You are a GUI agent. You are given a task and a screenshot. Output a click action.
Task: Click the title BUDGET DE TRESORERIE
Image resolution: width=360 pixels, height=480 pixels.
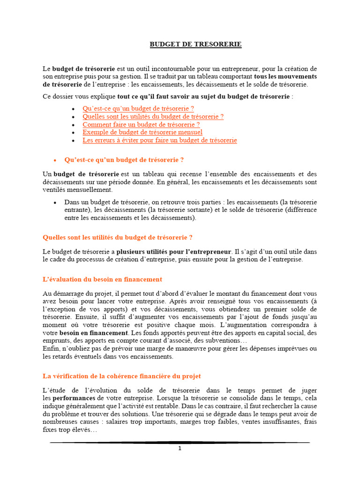click(x=195, y=45)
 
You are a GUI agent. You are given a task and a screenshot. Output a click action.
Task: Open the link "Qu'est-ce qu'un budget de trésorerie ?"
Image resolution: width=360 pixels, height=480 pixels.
click(x=138, y=108)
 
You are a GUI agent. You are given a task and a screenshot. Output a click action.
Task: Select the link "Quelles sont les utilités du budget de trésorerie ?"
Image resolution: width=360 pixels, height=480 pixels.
click(x=153, y=116)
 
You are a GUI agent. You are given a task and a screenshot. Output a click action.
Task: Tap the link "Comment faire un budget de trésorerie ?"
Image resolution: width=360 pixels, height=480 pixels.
click(x=141, y=124)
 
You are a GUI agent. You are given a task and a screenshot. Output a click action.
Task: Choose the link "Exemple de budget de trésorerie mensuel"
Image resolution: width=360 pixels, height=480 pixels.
click(x=142, y=132)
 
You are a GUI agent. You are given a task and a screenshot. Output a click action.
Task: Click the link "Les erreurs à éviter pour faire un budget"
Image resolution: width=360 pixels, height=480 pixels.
click(x=159, y=140)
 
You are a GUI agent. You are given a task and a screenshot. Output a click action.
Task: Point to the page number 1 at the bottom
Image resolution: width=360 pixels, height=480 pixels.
click(x=180, y=448)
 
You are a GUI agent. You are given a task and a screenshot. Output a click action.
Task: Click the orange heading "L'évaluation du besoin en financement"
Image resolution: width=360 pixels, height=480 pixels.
click(x=102, y=279)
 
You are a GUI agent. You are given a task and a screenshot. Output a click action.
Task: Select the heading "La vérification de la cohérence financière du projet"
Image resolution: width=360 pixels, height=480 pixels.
click(x=121, y=376)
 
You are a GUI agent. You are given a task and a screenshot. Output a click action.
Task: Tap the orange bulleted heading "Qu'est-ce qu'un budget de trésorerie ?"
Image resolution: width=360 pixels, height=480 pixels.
click(x=124, y=159)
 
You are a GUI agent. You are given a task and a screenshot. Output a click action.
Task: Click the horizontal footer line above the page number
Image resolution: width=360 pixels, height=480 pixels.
click(x=180, y=442)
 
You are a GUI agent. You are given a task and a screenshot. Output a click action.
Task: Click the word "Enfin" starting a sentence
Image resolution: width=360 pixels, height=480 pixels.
click(x=50, y=348)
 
